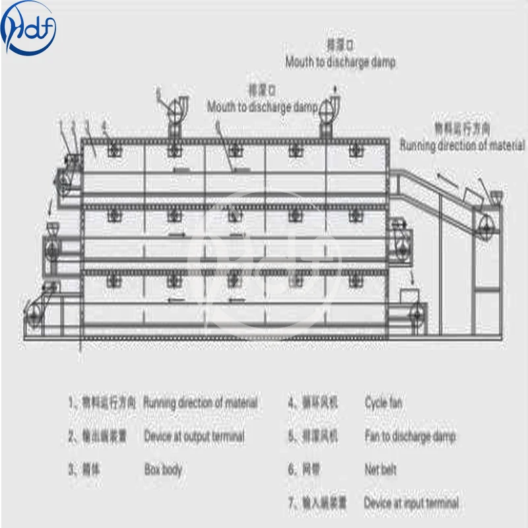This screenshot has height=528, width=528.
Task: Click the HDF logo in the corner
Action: point(29,26)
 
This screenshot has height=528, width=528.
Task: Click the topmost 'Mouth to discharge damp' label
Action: point(341,63)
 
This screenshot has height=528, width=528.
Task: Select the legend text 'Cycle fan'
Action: point(383,402)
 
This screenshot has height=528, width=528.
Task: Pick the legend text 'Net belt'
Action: point(380,470)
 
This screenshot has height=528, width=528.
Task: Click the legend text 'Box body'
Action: point(163,470)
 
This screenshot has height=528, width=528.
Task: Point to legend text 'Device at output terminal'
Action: point(194,436)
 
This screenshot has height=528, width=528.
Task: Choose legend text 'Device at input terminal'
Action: point(411,503)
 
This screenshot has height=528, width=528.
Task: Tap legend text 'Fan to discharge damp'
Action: point(410,436)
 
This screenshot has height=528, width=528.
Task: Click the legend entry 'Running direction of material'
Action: point(201,402)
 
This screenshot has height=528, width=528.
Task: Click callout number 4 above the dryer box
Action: point(105,124)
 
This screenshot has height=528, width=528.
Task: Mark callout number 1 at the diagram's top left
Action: point(61,123)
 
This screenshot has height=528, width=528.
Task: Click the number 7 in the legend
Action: point(291,503)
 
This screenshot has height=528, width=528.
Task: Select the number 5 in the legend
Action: point(291,436)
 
